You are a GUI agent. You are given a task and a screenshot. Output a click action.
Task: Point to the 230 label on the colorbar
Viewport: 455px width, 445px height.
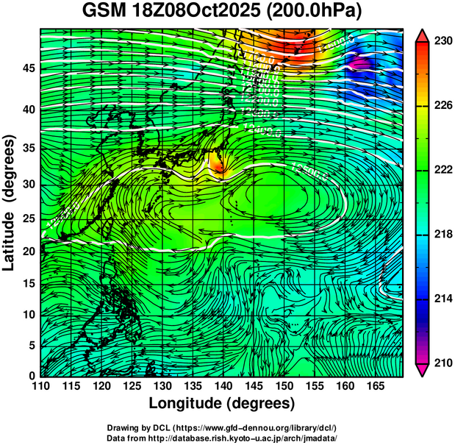pos(443,42)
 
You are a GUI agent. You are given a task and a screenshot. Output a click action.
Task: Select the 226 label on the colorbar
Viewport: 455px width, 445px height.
pos(443,106)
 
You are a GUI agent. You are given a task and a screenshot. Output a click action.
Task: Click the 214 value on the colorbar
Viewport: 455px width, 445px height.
pos(443,299)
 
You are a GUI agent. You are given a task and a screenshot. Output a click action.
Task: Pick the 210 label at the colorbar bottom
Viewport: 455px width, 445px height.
pos(443,363)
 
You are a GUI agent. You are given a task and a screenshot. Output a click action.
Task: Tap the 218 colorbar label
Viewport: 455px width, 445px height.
pos(443,235)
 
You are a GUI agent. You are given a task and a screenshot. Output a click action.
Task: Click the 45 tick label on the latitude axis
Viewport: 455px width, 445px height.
pos(27,68)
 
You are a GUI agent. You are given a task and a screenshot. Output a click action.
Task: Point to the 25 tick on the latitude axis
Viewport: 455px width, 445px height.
pos(27,219)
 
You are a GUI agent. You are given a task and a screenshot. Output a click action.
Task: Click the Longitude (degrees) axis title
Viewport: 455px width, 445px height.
pos(222,404)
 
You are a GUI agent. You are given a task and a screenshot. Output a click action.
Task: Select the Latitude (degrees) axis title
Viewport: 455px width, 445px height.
pos(10,203)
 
